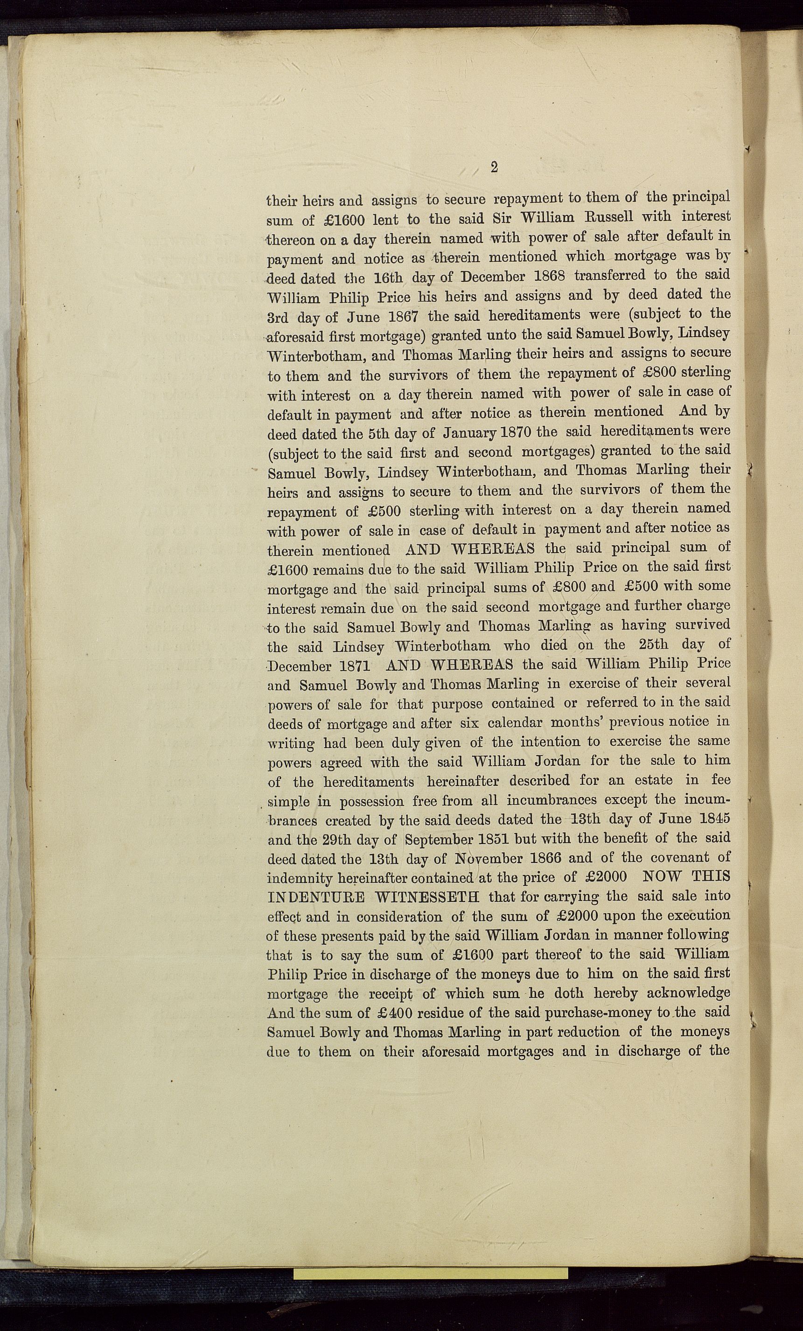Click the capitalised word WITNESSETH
pyautogui.click(x=427, y=897)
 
